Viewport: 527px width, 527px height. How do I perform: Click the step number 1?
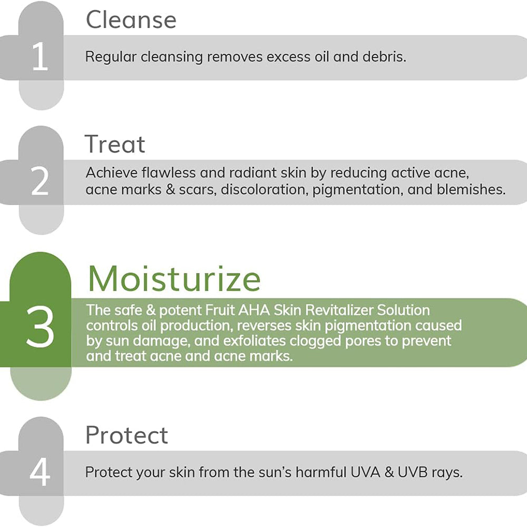(41, 56)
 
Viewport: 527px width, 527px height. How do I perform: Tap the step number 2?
(40, 181)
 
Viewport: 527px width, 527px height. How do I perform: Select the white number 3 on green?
(40, 327)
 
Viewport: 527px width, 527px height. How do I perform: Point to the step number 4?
(40, 472)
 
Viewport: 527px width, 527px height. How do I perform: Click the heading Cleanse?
(131, 20)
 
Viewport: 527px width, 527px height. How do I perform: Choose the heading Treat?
(114, 144)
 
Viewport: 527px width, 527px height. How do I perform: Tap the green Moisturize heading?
(174, 279)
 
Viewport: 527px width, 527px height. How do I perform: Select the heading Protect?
(126, 435)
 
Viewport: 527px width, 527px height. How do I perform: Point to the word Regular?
(111, 57)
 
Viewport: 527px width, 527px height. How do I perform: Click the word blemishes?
(471, 189)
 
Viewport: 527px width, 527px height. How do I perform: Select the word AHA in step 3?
(254, 310)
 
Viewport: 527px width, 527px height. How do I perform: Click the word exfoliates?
(255, 341)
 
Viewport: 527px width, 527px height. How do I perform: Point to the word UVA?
(365, 472)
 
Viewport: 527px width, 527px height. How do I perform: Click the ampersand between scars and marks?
(171, 190)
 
